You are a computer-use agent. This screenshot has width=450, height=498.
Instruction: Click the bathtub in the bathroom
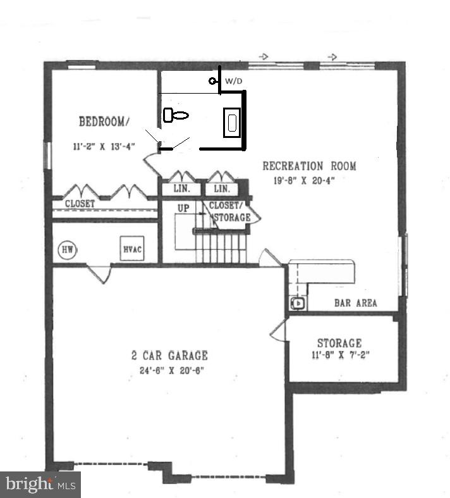point(231,122)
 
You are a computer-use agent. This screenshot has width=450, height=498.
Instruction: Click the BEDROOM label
point(104,121)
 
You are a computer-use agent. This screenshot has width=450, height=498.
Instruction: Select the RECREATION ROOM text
point(309,166)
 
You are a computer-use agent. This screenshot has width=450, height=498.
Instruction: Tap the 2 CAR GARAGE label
point(165,356)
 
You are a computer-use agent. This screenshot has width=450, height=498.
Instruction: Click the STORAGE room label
point(339,344)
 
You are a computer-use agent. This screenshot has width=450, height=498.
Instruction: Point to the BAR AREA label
point(355,303)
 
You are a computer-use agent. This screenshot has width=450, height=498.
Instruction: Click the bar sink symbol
point(298,304)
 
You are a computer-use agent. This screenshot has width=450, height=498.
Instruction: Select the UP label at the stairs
point(183,207)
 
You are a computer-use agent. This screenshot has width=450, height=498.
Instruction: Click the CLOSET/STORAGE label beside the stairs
point(229,211)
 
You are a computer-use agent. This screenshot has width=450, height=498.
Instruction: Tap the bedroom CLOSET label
point(80,204)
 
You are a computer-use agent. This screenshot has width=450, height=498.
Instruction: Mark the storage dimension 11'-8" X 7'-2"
point(339,356)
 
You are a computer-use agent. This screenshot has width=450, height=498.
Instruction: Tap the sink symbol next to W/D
point(214,81)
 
